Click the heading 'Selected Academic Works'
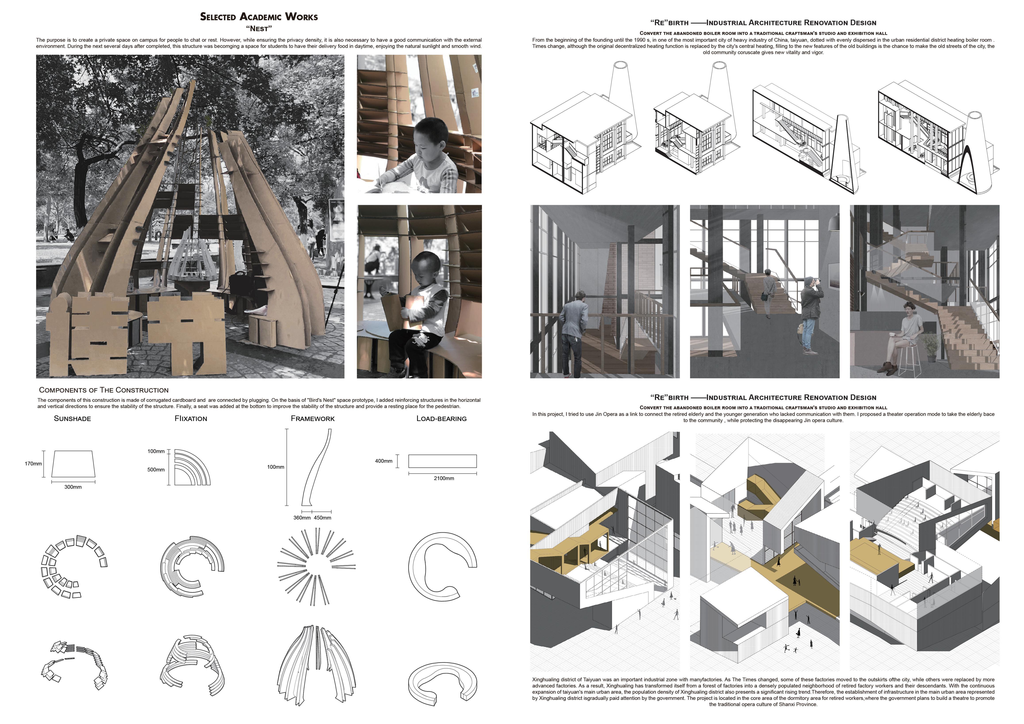tap(259, 17)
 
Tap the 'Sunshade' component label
tap(72, 419)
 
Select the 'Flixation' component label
tap(191, 419)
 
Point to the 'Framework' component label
tap(313, 419)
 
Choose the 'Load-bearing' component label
tap(441, 419)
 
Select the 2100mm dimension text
tap(444, 478)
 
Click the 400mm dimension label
tap(384, 461)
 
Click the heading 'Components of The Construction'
tap(104, 390)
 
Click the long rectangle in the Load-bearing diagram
tap(442, 461)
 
